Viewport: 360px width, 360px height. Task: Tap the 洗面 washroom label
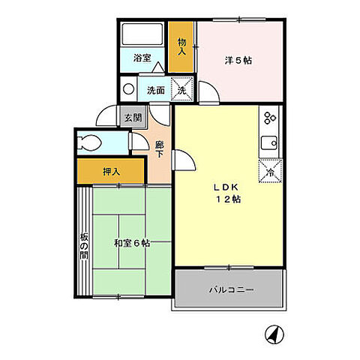(155, 89)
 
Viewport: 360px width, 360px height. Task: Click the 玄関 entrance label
(133, 117)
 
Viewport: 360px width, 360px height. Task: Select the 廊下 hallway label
(159, 148)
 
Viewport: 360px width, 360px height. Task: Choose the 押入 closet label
(110, 172)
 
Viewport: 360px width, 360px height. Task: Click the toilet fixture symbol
(92, 142)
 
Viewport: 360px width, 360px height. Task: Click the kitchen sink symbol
(269, 142)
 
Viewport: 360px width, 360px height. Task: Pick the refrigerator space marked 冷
(269, 171)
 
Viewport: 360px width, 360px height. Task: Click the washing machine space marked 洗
(181, 89)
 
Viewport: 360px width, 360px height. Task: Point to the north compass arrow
(273, 333)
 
